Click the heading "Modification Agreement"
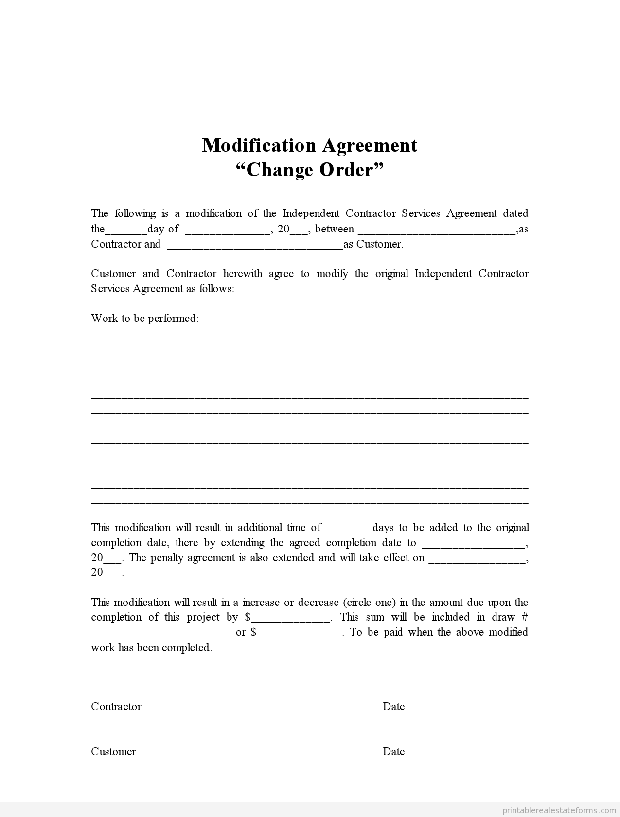(310, 145)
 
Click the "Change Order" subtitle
(310, 170)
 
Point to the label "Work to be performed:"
(145, 319)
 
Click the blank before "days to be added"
(346, 529)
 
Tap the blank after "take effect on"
(477, 559)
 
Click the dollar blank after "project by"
(291, 618)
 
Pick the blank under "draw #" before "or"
(160, 633)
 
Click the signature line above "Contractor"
(185, 696)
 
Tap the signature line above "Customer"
(185, 742)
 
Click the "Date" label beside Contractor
(393, 707)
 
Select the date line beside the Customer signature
(431, 742)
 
